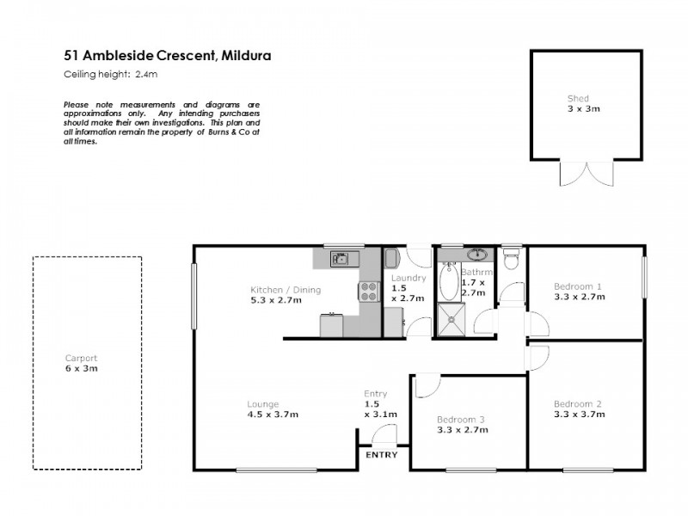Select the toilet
pos(511,256)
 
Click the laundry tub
pos(391,259)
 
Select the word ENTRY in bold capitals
pos(383,455)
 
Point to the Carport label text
pos(82,359)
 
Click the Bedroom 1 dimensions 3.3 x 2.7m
pos(579,297)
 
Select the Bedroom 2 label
pos(577,404)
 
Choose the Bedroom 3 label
pos(460,419)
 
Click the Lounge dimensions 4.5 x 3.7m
pos(273,415)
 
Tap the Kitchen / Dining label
pos(285,290)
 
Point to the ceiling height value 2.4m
pos(146,75)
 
